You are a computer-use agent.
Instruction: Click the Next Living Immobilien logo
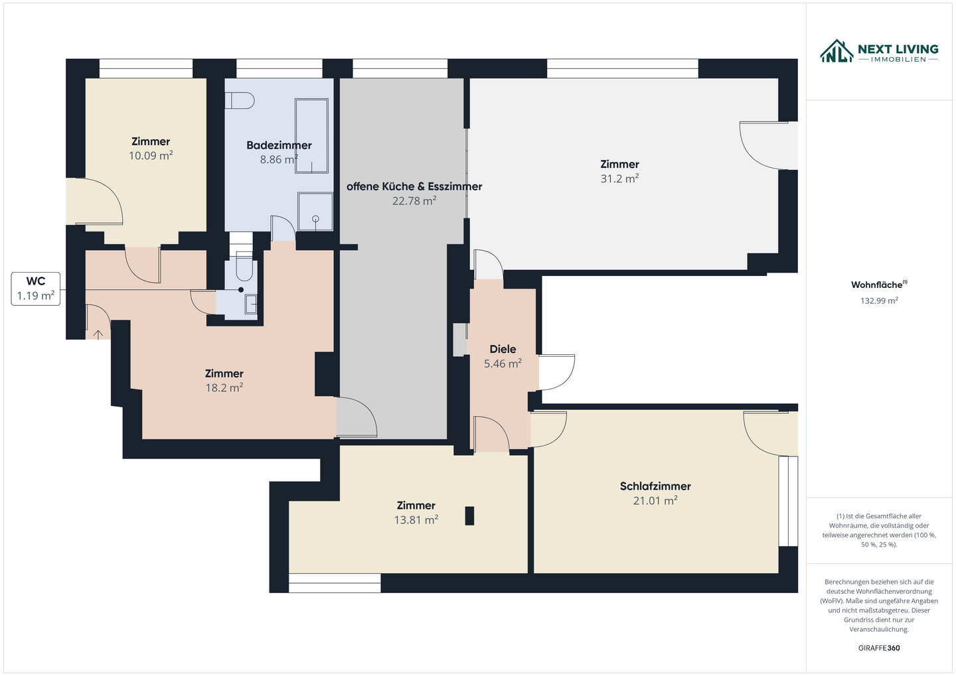pyautogui.click(x=878, y=52)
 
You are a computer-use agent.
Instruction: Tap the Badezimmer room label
pyautogui.click(x=279, y=145)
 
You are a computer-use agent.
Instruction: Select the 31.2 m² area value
pyautogui.click(x=619, y=178)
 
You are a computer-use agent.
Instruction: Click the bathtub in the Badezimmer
pyautogui.click(x=311, y=135)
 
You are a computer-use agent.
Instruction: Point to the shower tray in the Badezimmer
pyautogui.click(x=315, y=212)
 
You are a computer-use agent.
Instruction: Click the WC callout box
pyautogui.click(x=36, y=289)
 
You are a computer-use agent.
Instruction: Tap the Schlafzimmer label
pyautogui.click(x=655, y=486)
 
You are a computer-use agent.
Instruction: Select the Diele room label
pyautogui.click(x=503, y=349)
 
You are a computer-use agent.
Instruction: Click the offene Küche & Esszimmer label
pyautogui.click(x=414, y=186)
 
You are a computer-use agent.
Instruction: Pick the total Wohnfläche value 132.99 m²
pyautogui.click(x=879, y=301)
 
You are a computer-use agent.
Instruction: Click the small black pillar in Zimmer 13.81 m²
pyautogui.click(x=469, y=515)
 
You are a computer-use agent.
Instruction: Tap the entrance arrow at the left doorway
pyautogui.click(x=98, y=334)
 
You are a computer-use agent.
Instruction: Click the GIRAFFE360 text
pyautogui.click(x=879, y=648)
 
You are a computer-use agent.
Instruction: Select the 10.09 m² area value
pyautogui.click(x=151, y=156)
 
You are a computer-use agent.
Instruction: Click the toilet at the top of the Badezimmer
pyautogui.click(x=240, y=100)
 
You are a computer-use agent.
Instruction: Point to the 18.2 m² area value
pyautogui.click(x=224, y=388)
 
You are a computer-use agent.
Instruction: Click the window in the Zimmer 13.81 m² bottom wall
pyautogui.click(x=335, y=583)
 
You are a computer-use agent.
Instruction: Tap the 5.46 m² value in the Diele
pyautogui.click(x=503, y=364)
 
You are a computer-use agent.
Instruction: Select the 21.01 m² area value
pyautogui.click(x=655, y=501)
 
